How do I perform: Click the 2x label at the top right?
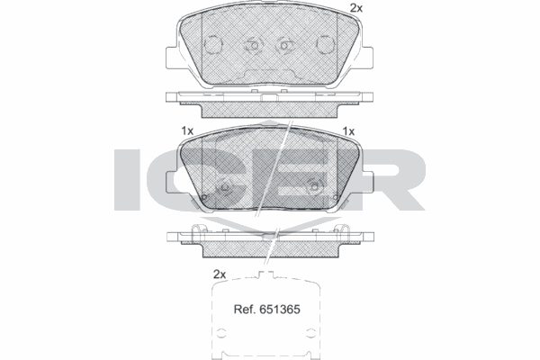[x=355, y=8]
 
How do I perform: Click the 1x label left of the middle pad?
[x=187, y=131]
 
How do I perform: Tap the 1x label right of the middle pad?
[x=349, y=131]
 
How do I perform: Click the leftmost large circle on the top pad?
[x=215, y=45]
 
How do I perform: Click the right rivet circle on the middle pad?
[x=314, y=186]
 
